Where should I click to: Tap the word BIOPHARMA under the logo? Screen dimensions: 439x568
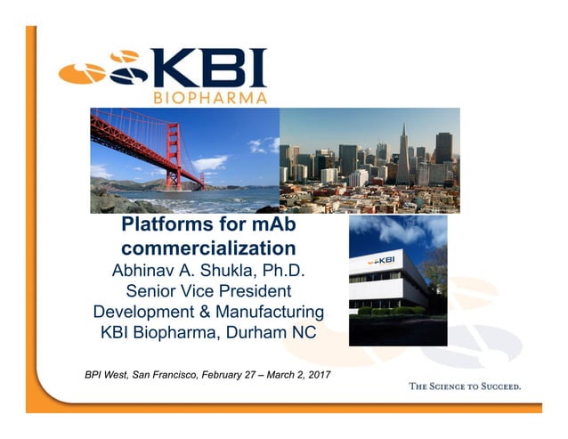(x=209, y=96)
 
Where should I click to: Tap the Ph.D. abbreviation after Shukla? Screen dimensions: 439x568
(x=293, y=268)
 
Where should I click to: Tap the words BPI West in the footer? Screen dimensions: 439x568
(x=107, y=374)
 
